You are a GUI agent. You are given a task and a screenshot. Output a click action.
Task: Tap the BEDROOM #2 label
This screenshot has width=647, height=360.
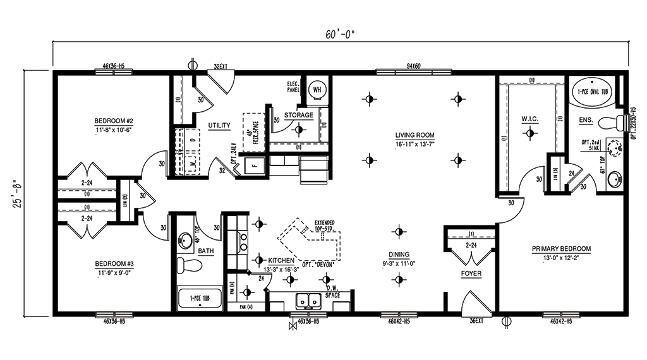click(113, 121)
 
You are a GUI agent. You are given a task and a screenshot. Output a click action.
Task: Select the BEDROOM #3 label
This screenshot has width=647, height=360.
click(114, 263)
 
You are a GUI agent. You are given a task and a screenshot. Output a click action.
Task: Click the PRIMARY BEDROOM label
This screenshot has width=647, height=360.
click(561, 249)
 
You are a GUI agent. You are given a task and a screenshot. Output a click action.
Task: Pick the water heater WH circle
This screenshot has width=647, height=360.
click(316, 89)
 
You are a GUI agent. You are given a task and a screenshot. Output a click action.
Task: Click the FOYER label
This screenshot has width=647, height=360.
click(471, 274)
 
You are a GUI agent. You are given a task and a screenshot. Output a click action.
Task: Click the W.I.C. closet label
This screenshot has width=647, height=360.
click(529, 119)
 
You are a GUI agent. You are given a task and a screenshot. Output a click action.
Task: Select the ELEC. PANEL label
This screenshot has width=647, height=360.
click(293, 88)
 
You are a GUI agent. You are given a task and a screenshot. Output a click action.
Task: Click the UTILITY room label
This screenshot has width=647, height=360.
click(219, 126)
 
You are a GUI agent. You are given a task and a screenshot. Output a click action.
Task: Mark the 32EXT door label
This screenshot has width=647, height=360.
click(220, 65)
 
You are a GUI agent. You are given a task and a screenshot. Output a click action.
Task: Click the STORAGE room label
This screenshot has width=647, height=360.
click(298, 116)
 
